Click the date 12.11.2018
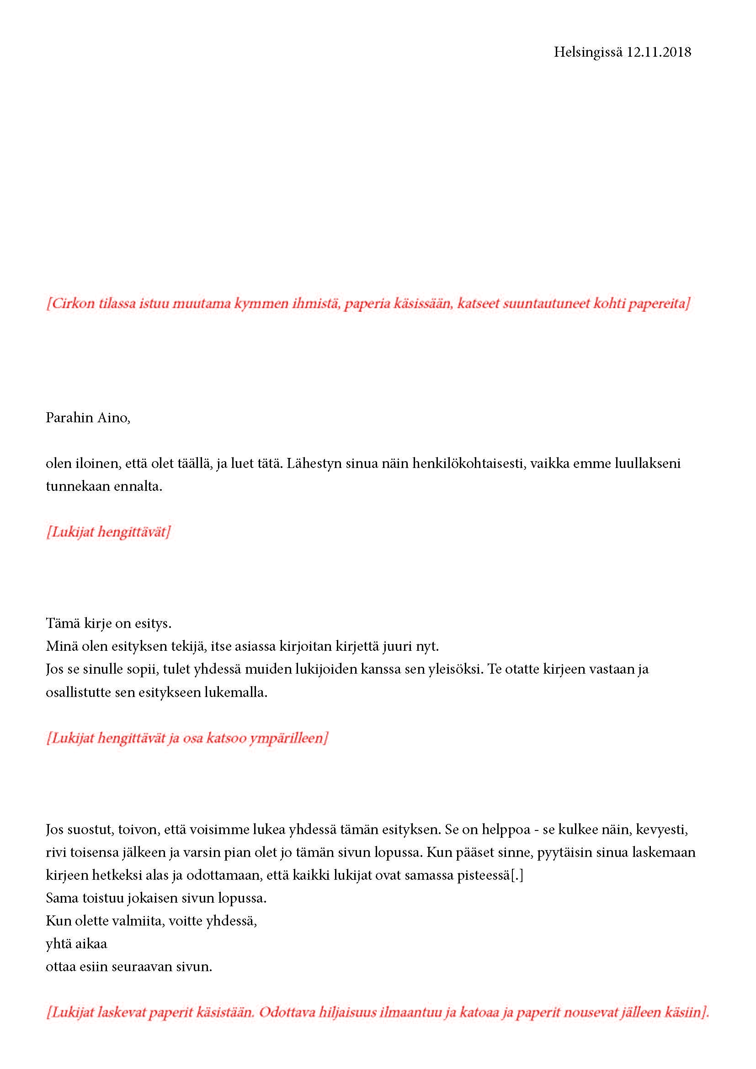coord(658,52)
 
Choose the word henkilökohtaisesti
coord(467,464)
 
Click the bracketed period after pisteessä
coord(517,875)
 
